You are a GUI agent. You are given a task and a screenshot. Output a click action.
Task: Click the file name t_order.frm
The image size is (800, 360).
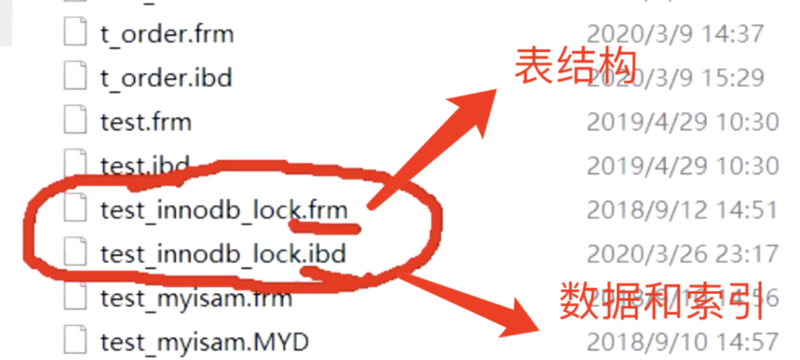167,34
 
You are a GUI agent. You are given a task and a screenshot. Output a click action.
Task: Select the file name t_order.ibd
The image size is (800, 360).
166,77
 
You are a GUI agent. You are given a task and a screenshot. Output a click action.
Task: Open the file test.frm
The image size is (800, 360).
145,121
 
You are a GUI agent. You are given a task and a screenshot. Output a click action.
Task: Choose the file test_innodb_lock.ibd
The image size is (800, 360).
223,254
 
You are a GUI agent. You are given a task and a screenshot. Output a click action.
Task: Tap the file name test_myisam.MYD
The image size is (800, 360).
204,342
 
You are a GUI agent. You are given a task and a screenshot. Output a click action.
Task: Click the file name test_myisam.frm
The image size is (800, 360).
196,299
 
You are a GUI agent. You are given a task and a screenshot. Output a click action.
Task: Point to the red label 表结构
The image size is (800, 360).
576,68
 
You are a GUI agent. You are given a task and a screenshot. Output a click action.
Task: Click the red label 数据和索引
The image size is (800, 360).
661,301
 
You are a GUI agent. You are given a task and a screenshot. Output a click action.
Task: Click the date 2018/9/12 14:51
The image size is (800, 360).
681,210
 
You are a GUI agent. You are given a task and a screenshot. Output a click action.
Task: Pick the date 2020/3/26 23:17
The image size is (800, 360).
681,254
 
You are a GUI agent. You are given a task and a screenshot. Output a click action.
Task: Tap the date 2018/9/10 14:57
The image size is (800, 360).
681,342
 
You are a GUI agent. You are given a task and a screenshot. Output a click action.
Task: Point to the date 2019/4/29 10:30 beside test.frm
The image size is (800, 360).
681,121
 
